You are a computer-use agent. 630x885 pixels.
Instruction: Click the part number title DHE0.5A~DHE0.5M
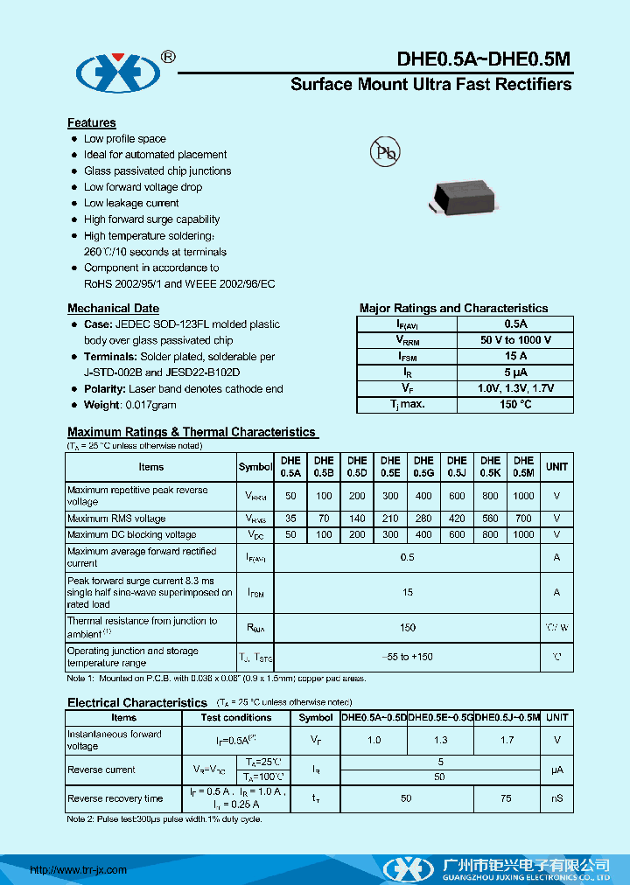[484, 59]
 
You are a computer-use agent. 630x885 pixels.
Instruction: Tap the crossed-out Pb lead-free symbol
[385, 152]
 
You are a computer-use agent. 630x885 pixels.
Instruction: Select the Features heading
[92, 122]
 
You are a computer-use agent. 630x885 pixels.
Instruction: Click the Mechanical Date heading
[113, 308]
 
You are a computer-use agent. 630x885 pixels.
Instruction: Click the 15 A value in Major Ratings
[515, 356]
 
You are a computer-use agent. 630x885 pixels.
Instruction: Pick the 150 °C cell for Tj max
[515, 404]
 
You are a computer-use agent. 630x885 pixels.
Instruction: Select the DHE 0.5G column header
[423, 466]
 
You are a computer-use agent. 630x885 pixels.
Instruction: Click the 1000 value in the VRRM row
[523, 496]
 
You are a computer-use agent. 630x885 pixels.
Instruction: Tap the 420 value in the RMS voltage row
[457, 519]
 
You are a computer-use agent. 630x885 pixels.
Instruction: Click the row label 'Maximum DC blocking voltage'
[131, 534]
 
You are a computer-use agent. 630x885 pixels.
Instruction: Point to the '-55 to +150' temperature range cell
[407, 657]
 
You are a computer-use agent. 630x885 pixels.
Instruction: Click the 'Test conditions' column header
[236, 717]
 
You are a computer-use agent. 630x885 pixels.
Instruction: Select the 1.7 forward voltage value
[507, 740]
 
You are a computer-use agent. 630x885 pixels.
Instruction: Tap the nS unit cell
[557, 798]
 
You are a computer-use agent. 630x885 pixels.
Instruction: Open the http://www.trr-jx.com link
[79, 870]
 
